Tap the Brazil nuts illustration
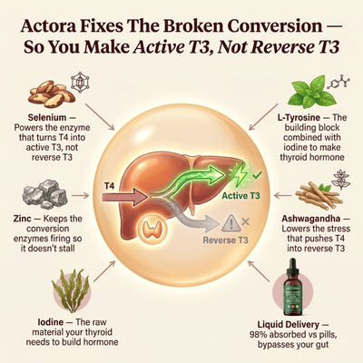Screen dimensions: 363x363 click(51, 93)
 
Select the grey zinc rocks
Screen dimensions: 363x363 click(45, 193)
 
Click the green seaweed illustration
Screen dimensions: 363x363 click(71, 290)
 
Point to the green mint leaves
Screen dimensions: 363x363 click(310, 92)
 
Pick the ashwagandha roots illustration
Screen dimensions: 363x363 click(319, 195)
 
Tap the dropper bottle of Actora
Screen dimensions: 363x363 click(292, 287)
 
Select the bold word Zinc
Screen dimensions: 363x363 click(22, 219)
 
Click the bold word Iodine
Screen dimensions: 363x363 click(51, 322)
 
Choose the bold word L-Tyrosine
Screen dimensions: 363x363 click(299, 117)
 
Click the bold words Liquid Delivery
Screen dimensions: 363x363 click(289, 325)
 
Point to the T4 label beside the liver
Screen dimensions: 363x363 click(109, 186)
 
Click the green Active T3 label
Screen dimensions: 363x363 click(240, 196)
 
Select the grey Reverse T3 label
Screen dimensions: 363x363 click(225, 240)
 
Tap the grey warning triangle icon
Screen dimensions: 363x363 click(231, 223)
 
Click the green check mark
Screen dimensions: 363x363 click(258, 174)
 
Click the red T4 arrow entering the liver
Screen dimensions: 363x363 click(124, 197)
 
